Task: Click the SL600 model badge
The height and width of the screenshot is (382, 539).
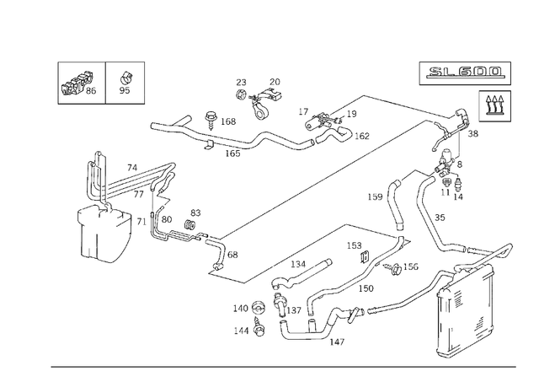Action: pos(464,73)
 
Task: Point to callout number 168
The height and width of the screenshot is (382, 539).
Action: pos(227,121)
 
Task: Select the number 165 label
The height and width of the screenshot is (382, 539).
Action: pos(232,153)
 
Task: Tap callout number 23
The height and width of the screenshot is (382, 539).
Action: pos(241,83)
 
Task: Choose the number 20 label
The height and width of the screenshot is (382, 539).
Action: pos(275,82)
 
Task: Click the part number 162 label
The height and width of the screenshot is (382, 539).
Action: pos(361,136)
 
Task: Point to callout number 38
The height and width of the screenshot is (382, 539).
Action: pos(473,133)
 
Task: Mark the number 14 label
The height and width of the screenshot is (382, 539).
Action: pos(458,196)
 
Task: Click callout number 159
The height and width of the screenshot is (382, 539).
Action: pos(375,197)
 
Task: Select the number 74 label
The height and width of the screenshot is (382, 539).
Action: pos(131,168)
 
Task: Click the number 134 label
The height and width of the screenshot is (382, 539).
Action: pos(298,265)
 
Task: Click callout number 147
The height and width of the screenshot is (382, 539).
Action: pos(336,342)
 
